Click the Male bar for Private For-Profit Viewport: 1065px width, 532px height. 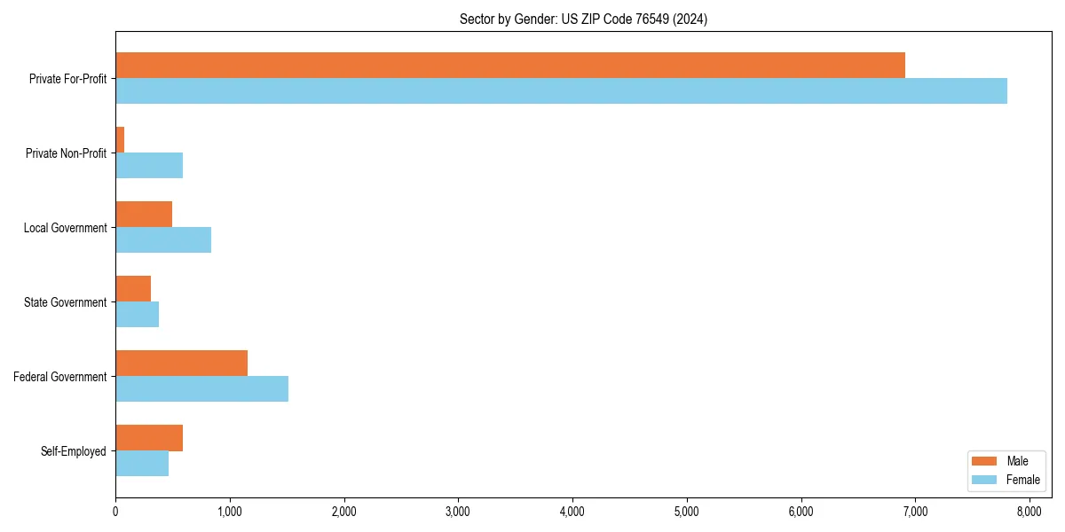(x=510, y=66)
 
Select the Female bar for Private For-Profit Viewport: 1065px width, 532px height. (x=561, y=91)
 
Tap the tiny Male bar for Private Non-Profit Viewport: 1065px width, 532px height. (x=120, y=140)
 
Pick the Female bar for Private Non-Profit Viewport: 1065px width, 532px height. (x=149, y=166)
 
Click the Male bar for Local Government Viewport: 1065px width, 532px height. (x=144, y=215)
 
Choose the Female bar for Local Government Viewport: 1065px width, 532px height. (x=163, y=240)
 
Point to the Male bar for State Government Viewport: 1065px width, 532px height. (x=133, y=289)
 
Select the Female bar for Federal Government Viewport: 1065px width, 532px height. (x=201, y=389)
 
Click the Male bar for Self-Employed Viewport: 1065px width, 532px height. (x=149, y=438)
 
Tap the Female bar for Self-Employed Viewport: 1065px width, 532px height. (x=142, y=464)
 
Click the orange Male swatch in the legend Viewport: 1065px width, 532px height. (x=985, y=461)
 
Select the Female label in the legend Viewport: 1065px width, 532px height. (x=1022, y=480)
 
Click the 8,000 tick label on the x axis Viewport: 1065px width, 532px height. (x=1029, y=511)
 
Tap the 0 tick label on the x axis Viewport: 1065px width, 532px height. (x=115, y=511)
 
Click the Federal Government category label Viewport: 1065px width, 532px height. (x=60, y=377)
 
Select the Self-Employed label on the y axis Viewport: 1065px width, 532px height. (x=74, y=451)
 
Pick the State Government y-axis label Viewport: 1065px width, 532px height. (x=66, y=302)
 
